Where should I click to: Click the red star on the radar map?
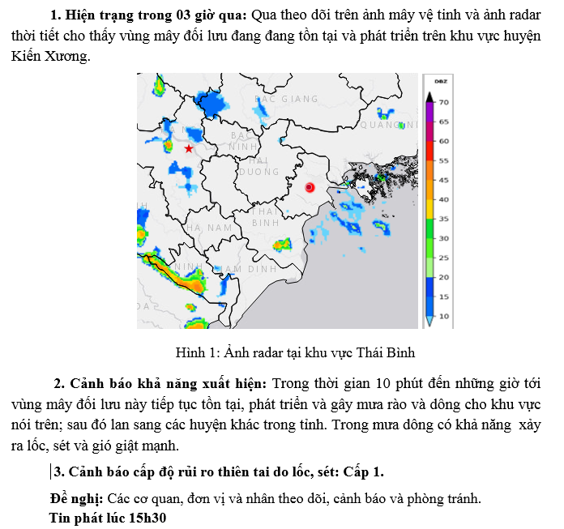(x=189, y=149)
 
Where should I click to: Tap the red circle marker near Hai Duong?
(x=309, y=187)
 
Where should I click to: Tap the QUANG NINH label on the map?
(x=382, y=125)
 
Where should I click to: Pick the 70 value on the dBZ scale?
(x=444, y=102)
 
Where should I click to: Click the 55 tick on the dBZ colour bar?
(x=444, y=160)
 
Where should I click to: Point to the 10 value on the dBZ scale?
(x=444, y=316)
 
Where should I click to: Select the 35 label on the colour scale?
(x=444, y=219)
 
